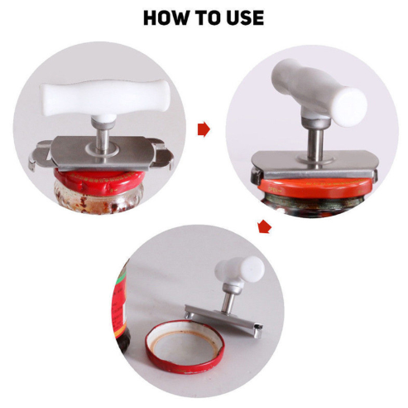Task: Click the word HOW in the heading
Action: pos(166,17)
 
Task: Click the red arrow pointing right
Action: pos(204,129)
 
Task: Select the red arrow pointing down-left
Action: pos(264,226)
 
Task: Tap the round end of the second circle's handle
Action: pos(350,108)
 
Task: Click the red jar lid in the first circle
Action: pos(99,182)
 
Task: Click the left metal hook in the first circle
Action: pos(39,157)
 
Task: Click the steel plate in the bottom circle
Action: pos(223,318)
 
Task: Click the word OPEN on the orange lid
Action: pos(274,190)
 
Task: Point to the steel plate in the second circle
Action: pos(314,164)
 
